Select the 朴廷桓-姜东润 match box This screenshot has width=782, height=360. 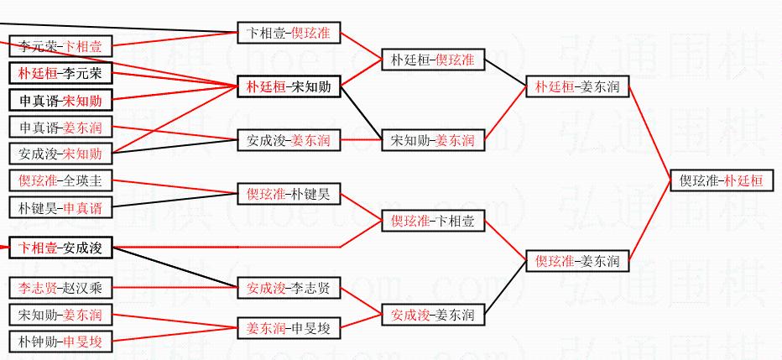tap(577, 86)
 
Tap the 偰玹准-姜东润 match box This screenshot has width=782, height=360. tap(577, 261)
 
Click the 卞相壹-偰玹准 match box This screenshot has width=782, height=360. tap(288, 33)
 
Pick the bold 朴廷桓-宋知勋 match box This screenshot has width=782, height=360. tap(288, 86)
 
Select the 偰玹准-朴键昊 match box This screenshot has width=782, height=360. tap(288, 194)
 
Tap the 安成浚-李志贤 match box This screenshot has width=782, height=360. tap(288, 288)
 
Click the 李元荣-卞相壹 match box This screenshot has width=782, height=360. tap(60, 46)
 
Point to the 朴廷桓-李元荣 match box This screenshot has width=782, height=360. tap(60, 73)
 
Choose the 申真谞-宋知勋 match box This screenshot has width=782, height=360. tap(60, 100)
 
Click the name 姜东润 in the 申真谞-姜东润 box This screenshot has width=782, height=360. tap(83, 128)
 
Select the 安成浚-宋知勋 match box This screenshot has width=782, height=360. tap(60, 154)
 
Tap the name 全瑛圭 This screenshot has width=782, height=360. tap(82, 180)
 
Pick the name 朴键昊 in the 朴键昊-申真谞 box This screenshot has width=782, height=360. tap(38, 207)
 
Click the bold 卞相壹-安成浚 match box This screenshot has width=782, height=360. tap(60, 248)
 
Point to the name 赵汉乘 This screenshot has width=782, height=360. tap(82, 288)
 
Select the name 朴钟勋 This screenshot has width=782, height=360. tap(38, 342)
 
